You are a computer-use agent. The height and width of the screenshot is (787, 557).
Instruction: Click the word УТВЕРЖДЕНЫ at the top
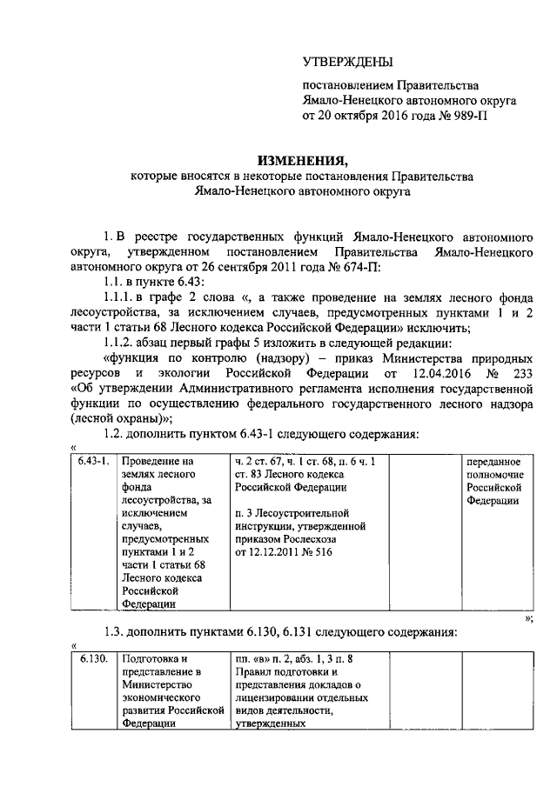pyautogui.click(x=347, y=62)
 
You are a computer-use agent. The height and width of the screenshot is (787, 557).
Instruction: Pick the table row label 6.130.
pyautogui.click(x=92, y=658)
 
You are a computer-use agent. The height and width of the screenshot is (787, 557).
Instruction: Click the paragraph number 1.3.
pyautogui.click(x=114, y=631)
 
